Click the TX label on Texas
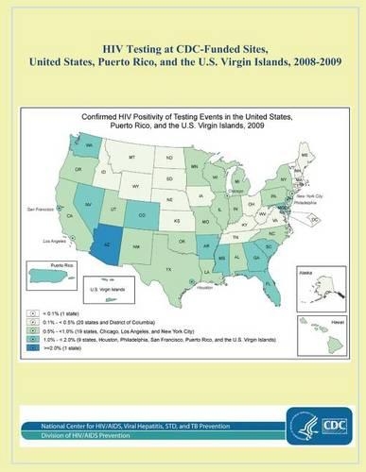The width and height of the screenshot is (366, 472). (169, 270)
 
